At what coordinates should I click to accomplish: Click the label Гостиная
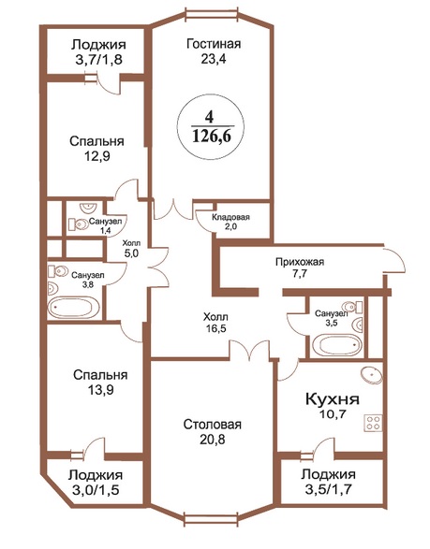click(x=214, y=44)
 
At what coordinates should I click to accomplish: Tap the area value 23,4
click(x=214, y=59)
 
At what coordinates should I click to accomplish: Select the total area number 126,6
click(x=212, y=136)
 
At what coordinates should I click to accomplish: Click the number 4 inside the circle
click(x=209, y=117)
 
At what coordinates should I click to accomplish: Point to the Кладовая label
click(x=230, y=217)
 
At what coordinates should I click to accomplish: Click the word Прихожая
click(x=300, y=262)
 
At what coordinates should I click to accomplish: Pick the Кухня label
click(x=333, y=398)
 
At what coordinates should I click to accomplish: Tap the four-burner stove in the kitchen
click(x=373, y=423)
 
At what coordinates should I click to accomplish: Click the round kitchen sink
click(x=371, y=375)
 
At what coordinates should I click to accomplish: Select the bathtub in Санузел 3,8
click(x=75, y=308)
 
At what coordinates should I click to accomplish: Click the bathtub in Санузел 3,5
click(x=336, y=345)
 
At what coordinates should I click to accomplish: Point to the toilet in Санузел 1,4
click(x=78, y=224)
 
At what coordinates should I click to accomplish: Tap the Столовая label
click(x=213, y=425)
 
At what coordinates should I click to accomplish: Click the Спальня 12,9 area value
click(x=96, y=156)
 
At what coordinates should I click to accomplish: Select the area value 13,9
click(x=100, y=390)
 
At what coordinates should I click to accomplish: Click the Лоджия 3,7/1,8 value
click(x=98, y=60)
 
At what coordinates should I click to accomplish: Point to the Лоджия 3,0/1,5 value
click(x=96, y=490)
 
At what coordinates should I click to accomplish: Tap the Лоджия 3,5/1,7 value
click(x=329, y=489)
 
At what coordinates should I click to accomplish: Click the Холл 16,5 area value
click(x=216, y=328)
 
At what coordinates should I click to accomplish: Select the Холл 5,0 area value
click(x=131, y=253)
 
